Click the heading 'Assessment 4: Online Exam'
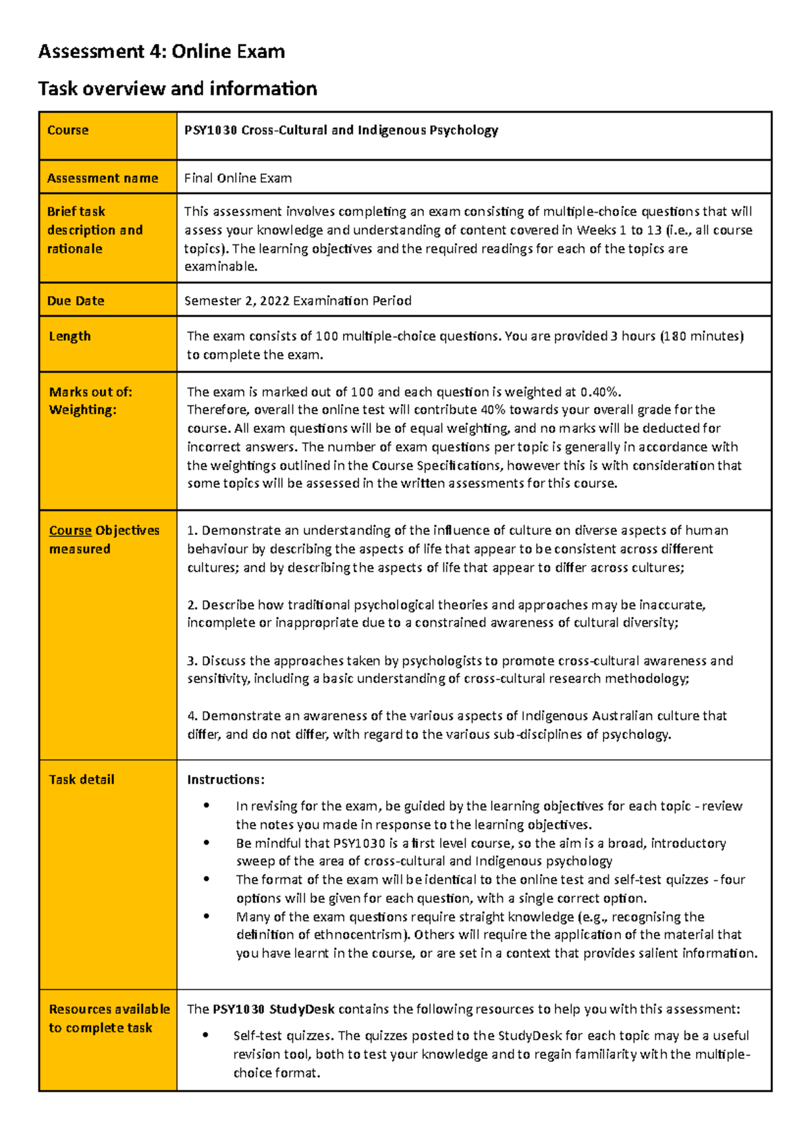161,51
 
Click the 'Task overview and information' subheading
178,88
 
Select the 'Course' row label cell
67,130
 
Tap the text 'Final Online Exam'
238,178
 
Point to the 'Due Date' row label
76,301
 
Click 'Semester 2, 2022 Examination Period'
298,301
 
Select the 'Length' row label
70,336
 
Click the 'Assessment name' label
103,178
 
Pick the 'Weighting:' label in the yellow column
82,410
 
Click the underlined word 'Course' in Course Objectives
70,531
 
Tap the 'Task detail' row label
82,780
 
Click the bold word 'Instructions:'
225,780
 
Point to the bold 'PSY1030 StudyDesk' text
273,1009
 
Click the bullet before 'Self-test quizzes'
206,1035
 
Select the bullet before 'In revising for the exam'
206,805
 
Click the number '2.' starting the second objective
192,605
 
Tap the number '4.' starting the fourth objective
192,716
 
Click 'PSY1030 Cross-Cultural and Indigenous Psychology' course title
341,130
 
